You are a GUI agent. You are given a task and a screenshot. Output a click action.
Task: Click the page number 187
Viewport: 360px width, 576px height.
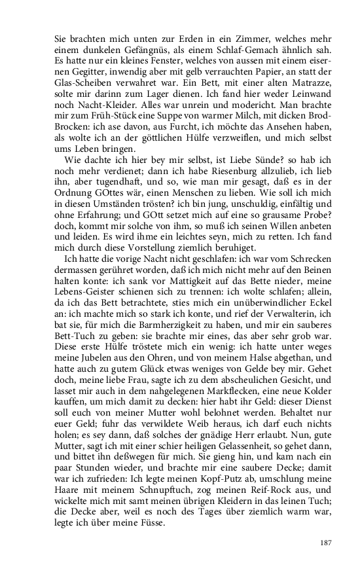[325, 543]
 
